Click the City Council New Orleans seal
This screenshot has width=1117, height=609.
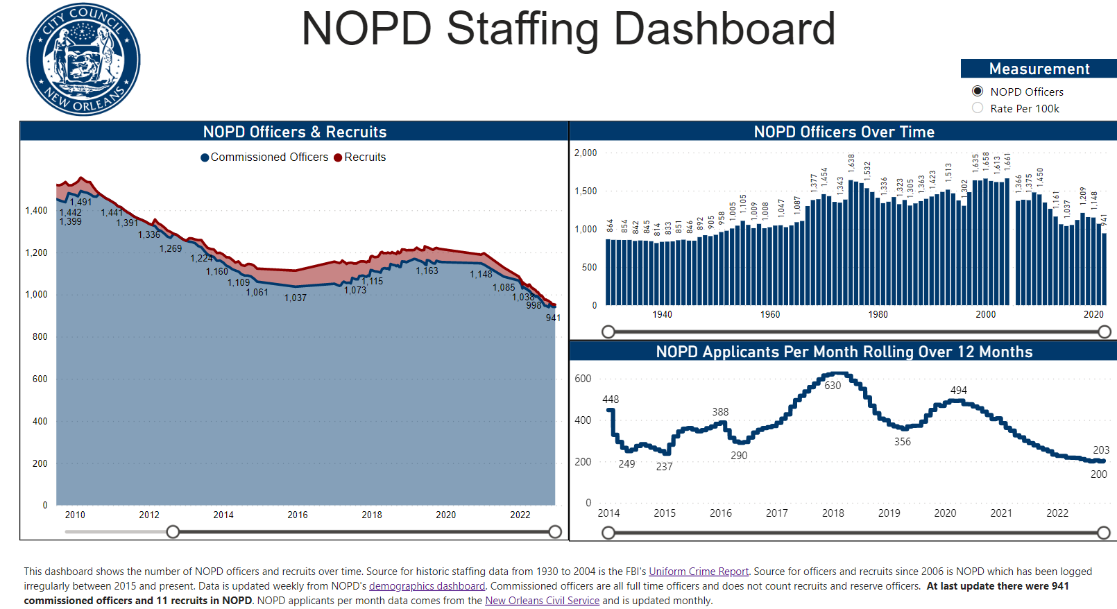(83, 59)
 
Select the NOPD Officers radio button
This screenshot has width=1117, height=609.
(978, 92)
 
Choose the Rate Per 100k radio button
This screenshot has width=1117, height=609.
(978, 108)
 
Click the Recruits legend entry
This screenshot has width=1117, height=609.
(360, 157)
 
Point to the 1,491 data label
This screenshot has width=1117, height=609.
(80, 202)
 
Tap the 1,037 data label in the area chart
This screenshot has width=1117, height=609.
(295, 298)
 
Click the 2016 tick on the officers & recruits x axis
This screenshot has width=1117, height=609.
(298, 515)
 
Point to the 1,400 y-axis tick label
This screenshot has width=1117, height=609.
(36, 210)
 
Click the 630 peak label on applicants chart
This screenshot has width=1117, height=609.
(833, 386)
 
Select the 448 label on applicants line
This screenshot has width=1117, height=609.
(611, 400)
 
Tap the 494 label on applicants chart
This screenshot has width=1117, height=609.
(958, 391)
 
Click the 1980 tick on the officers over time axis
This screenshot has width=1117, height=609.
(878, 314)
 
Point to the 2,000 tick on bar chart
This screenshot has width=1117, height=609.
(586, 153)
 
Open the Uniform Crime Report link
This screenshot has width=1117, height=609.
(699, 572)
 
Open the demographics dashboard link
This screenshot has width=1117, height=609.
(427, 586)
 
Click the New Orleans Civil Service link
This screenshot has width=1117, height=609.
(542, 601)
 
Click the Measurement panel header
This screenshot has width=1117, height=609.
(1039, 69)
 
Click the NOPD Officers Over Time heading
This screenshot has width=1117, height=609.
(844, 132)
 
